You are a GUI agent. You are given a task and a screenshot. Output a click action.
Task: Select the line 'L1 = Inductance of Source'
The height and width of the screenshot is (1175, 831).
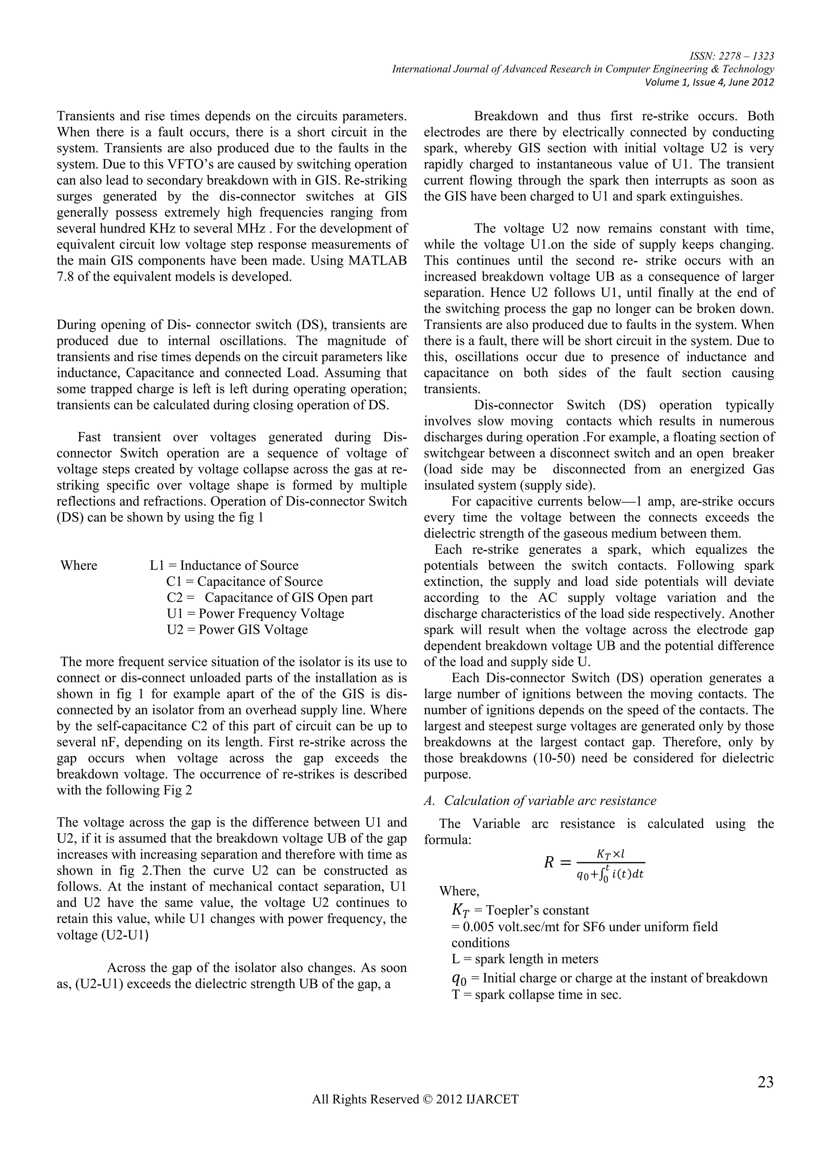[224, 565]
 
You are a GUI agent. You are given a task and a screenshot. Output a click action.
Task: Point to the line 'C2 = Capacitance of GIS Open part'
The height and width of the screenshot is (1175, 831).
[270, 597]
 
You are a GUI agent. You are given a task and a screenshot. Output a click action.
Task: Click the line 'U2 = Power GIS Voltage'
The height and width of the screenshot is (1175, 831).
[237, 629]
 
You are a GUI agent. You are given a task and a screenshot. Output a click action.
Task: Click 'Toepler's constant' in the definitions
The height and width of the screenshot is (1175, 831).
[537, 910]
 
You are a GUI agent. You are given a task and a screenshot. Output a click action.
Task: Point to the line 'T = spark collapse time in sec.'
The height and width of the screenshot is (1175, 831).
[536, 995]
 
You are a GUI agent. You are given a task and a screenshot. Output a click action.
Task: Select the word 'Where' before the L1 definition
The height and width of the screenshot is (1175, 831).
[79, 565]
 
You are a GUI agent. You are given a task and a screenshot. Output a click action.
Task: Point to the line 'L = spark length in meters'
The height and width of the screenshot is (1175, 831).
[525, 959]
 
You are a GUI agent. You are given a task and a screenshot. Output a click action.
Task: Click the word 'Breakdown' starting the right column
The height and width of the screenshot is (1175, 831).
[504, 116]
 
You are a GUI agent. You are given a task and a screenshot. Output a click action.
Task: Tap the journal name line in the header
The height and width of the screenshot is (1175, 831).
[583, 69]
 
